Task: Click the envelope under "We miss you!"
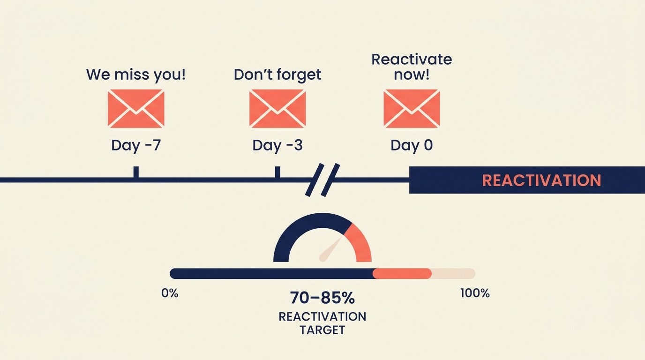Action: click(x=136, y=109)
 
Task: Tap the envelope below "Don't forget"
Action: click(x=277, y=109)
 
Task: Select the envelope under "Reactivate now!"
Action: click(x=412, y=109)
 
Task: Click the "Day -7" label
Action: click(x=136, y=145)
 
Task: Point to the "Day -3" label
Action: click(x=277, y=145)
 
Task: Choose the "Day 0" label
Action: click(x=412, y=145)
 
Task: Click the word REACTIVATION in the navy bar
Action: click(x=541, y=180)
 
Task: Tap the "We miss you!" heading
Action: click(x=136, y=75)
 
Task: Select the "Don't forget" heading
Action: click(x=277, y=75)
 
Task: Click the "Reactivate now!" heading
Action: click(x=412, y=67)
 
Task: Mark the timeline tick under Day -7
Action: click(x=136, y=172)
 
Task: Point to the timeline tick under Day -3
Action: click(x=277, y=172)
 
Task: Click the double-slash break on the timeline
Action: click(x=322, y=180)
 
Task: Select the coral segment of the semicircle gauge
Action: click(x=360, y=241)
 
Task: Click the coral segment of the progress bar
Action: click(x=402, y=273)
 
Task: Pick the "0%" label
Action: click(x=170, y=293)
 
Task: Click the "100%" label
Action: click(x=475, y=293)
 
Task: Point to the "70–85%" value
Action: click(x=322, y=298)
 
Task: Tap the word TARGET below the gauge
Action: click(x=322, y=330)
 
